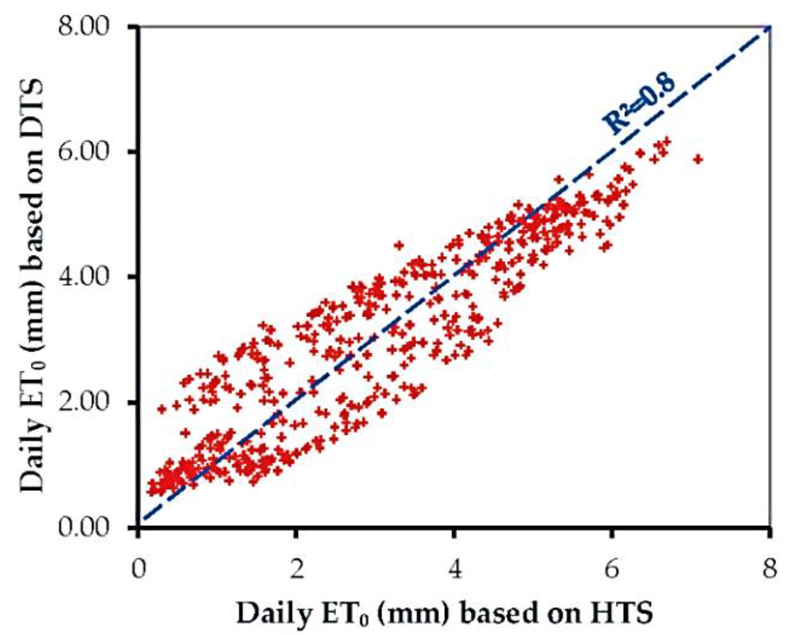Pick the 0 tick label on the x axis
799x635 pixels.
tap(139, 569)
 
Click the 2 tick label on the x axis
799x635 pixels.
tap(296, 569)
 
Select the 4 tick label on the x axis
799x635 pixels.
tap(454, 569)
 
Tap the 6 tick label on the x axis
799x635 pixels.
tap(611, 569)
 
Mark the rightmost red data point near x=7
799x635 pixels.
tap(698, 159)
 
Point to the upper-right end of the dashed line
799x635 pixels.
tap(769, 28)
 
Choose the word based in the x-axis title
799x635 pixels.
tap(496, 614)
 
